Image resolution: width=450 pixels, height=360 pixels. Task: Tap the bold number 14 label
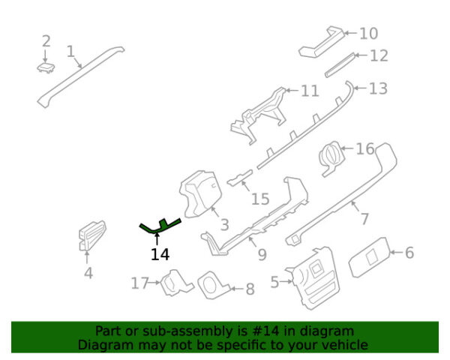point(160,254)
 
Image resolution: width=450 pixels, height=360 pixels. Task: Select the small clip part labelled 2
point(46,67)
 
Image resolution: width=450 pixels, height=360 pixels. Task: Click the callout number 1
point(70,52)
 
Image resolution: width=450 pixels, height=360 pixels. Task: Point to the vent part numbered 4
point(91,235)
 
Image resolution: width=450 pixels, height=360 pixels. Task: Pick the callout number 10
point(369,34)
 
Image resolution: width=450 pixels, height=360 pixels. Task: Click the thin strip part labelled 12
point(340,65)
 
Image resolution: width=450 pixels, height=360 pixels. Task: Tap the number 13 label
point(378,88)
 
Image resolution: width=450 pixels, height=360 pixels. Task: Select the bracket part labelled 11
point(258,115)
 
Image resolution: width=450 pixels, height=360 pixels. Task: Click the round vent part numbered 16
point(331,157)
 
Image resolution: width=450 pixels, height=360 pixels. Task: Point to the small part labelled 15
point(241,178)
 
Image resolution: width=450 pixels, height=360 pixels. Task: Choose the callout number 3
point(225,224)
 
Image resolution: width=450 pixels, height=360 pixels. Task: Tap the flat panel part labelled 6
point(370,257)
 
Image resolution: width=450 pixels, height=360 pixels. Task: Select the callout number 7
point(364,219)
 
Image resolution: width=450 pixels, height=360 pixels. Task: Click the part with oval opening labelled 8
point(214,286)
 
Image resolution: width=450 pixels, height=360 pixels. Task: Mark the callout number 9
point(262,254)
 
